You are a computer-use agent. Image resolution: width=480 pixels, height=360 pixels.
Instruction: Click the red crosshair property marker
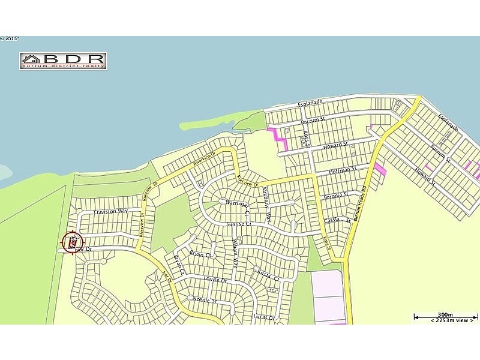click(71, 243)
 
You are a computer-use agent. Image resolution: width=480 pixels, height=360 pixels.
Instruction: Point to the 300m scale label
click(445, 314)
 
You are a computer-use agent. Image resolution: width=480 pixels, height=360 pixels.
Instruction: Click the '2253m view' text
click(446, 321)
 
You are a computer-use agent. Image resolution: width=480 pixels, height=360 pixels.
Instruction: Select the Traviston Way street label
click(111, 212)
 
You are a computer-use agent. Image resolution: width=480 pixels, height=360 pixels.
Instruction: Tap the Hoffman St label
click(343, 172)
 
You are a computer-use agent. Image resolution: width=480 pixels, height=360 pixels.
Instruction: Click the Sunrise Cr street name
click(237, 224)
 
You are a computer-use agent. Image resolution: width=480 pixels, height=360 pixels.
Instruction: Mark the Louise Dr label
click(216, 280)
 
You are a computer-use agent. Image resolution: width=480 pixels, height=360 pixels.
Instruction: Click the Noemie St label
click(204, 299)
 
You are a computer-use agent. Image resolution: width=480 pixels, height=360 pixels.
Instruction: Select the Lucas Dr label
click(264, 317)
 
